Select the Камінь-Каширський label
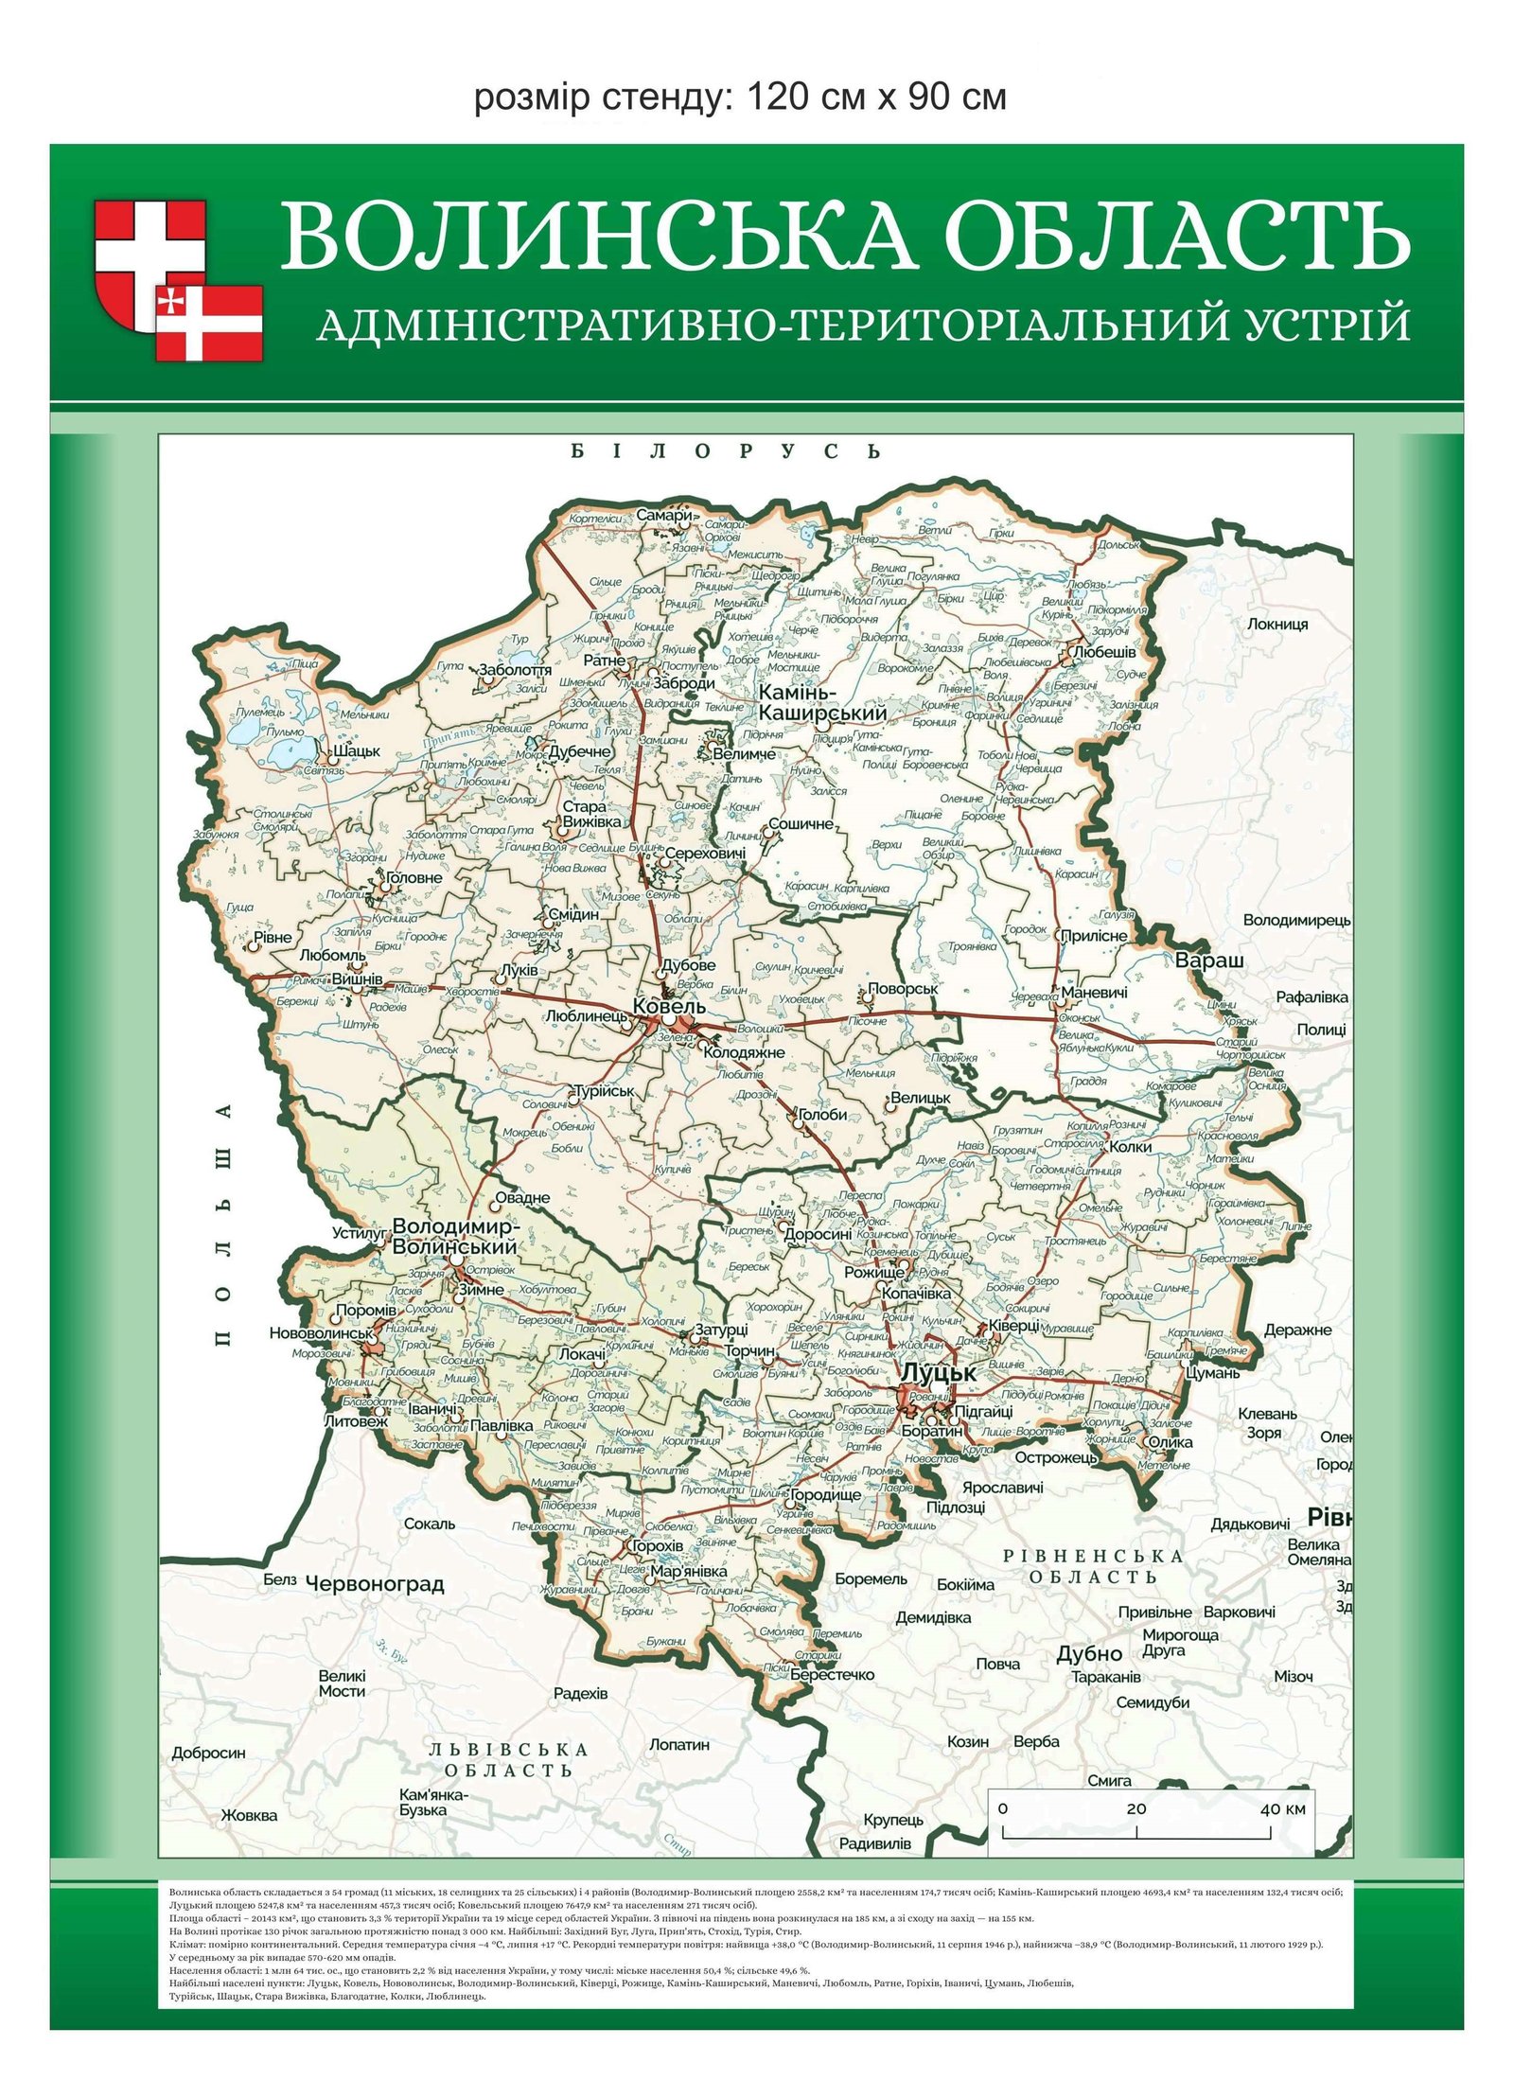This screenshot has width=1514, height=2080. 823,703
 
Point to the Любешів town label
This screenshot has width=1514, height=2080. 1104,652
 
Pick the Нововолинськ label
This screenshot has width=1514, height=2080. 322,1332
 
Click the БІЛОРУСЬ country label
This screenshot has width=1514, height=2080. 726,451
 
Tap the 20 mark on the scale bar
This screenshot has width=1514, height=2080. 1135,1807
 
